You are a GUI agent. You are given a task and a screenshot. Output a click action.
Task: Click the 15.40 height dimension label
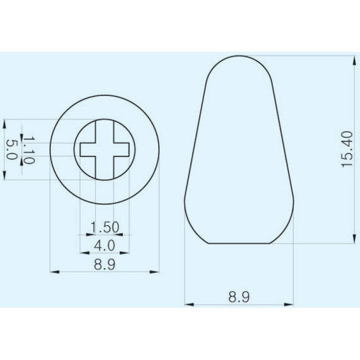(x=346, y=149)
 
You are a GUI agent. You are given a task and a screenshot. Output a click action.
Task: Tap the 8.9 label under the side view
(x=239, y=297)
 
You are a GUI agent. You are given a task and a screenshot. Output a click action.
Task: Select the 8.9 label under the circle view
(x=104, y=264)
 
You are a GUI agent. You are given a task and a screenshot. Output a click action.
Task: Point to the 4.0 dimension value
(x=104, y=245)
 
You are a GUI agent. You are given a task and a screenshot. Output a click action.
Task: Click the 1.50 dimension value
(x=104, y=227)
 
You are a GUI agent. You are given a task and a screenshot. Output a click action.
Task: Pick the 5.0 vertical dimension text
(x=11, y=150)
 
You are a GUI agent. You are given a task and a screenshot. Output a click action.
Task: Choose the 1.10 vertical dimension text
(x=29, y=150)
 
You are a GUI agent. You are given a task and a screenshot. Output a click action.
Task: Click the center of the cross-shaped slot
(x=104, y=149)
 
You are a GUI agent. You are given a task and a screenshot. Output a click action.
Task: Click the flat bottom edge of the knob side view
(x=240, y=243)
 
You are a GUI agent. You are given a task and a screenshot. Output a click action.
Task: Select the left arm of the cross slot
(x=88, y=149)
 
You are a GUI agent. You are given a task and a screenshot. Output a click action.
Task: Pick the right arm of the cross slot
(x=121, y=149)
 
